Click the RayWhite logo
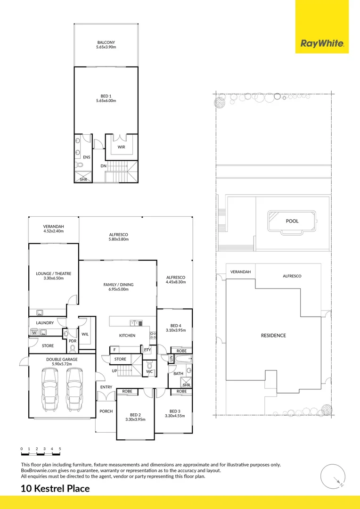click(x=322, y=44)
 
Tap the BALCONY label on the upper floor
click(x=106, y=42)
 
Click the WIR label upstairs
click(x=121, y=147)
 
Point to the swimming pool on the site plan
click(x=293, y=221)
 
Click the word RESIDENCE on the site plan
click(x=273, y=336)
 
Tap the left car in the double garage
click(x=50, y=390)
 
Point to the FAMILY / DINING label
click(x=119, y=285)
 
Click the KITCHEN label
click(x=127, y=336)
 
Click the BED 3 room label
click(x=174, y=411)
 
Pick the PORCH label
click(x=106, y=411)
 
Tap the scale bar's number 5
click(x=60, y=449)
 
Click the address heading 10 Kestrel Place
click(x=55, y=489)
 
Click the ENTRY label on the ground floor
click(x=106, y=387)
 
